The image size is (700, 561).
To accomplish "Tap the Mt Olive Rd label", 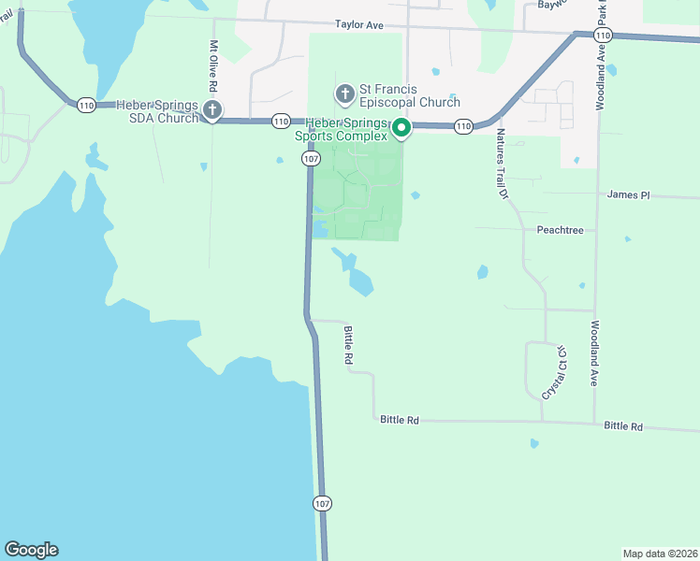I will click(213, 65).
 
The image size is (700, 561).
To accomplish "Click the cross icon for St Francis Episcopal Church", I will click(344, 93).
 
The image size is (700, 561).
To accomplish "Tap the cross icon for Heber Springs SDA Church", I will click(211, 111).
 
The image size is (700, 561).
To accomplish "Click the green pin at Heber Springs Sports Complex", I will click(401, 128).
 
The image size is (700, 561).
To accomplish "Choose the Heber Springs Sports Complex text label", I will click(341, 129).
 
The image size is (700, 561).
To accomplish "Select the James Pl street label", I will click(627, 195).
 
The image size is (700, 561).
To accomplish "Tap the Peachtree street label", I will click(561, 229).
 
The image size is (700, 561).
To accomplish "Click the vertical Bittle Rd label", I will click(347, 346).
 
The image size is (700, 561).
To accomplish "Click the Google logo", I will click(31, 550).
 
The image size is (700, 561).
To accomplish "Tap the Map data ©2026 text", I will click(660, 553).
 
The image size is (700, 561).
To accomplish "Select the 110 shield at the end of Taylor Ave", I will click(602, 35).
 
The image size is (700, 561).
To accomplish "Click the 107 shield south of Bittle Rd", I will click(322, 503).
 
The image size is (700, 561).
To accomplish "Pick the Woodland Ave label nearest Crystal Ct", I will click(593, 355).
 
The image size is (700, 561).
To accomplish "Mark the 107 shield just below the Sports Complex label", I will click(311, 159).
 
